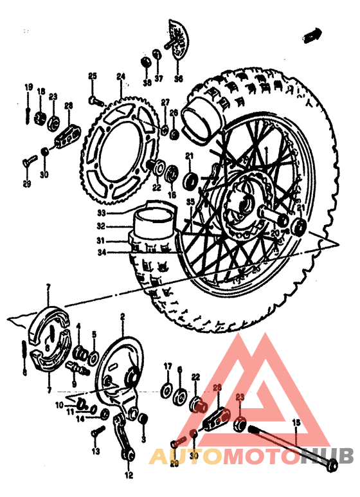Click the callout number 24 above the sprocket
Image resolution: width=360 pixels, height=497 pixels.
coord(120,76)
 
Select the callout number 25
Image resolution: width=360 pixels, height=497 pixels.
coord(92,77)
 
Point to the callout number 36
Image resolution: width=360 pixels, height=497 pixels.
coord(178,79)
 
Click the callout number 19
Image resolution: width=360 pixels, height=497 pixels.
coord(28,87)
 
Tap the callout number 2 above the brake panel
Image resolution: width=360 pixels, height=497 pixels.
coord(122,316)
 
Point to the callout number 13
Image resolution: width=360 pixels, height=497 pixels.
coord(95,452)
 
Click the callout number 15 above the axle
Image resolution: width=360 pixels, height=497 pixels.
coord(296,422)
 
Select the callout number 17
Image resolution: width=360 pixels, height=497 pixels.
coord(167,366)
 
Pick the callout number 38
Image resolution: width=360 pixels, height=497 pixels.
coord(147,83)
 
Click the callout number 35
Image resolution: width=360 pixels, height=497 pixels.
coord(190,202)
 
